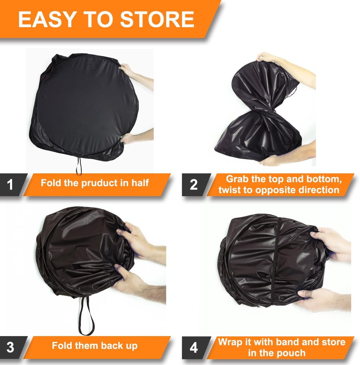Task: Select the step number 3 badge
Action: (x=10, y=347)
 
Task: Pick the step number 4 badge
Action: (x=194, y=347)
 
